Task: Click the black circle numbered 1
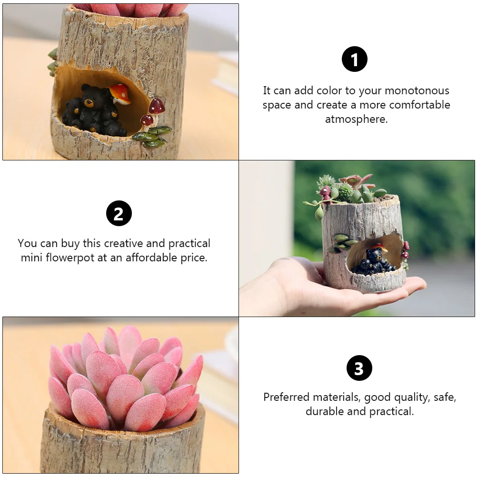point(355,60)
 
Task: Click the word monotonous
point(417,91)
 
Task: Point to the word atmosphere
point(356,119)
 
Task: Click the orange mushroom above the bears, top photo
point(120,92)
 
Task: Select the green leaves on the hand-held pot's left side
point(339,241)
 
